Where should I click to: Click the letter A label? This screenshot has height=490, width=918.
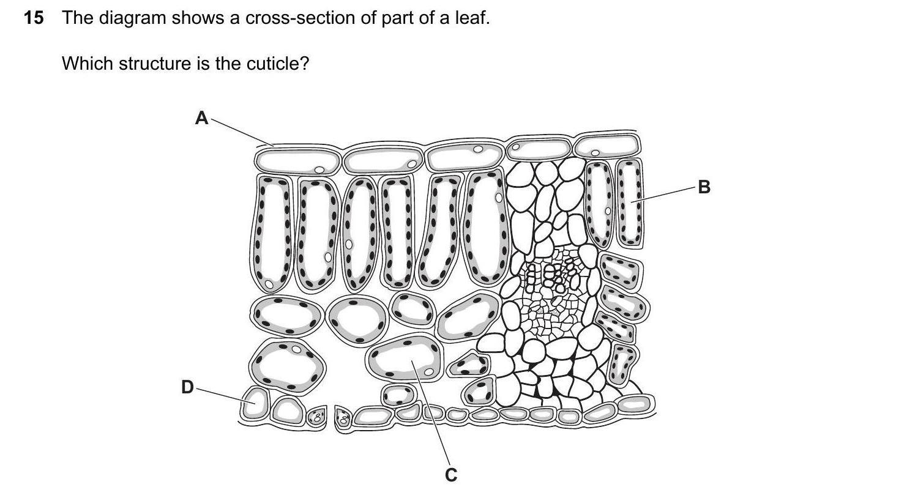click(x=201, y=118)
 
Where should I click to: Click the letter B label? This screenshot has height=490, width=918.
click(x=704, y=187)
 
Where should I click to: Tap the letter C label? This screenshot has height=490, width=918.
click(x=451, y=475)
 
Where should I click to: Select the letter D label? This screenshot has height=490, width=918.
click(x=187, y=387)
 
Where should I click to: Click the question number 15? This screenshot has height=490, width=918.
click(x=34, y=18)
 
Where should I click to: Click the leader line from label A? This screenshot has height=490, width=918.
click(x=242, y=132)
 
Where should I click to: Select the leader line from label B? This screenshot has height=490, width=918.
click(x=663, y=195)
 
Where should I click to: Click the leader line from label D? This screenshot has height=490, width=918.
click(x=226, y=396)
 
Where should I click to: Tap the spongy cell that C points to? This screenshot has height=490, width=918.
click(x=404, y=357)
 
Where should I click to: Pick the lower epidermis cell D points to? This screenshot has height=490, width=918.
click(x=255, y=404)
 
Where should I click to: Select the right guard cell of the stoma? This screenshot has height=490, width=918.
click(x=343, y=418)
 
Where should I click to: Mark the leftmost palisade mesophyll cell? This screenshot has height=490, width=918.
click(x=272, y=232)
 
